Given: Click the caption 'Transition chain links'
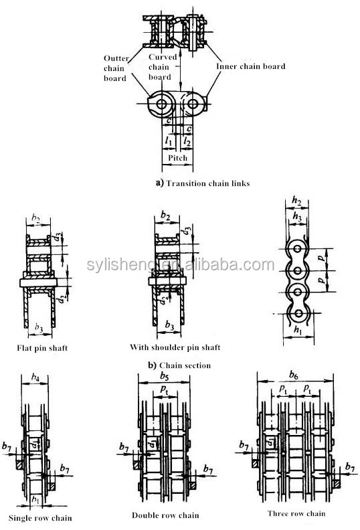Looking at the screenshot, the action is (x=208, y=183).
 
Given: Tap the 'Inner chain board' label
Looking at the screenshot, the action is (x=251, y=66).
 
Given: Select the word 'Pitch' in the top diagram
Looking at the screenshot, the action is (x=177, y=157).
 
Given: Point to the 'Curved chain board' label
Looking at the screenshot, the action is (x=162, y=67).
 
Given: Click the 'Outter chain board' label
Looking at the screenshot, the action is (x=116, y=68).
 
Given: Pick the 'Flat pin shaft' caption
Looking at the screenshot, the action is (x=42, y=348).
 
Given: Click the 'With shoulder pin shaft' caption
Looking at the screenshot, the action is (x=175, y=347).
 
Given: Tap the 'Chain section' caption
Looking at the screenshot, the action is (x=185, y=365).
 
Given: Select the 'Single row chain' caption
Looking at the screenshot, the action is (x=40, y=518).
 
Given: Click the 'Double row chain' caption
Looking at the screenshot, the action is (x=165, y=515).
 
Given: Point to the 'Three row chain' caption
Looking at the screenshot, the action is (x=296, y=513).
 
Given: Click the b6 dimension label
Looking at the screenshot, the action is (x=294, y=375).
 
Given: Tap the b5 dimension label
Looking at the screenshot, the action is (x=165, y=375).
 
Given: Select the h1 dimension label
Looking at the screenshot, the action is (x=298, y=329).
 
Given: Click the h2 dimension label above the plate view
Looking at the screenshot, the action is (x=296, y=201).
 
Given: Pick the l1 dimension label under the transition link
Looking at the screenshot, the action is (x=169, y=141).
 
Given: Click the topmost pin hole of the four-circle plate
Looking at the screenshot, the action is (x=298, y=249).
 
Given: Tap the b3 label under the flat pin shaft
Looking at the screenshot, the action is (x=39, y=327).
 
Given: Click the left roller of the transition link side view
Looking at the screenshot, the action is (x=161, y=104).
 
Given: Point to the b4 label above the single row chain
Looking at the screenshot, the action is (x=35, y=377).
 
